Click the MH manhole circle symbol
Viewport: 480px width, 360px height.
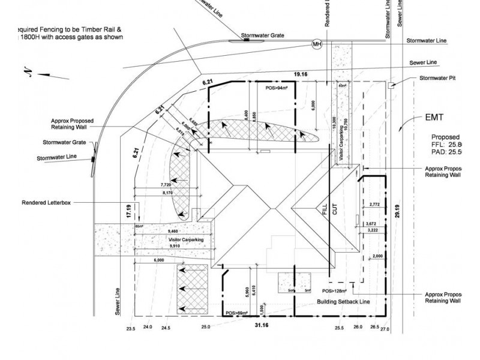pyautogui.click(x=317, y=44)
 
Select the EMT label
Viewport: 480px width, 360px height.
pyautogui.click(x=434, y=118)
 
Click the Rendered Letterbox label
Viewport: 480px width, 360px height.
pyautogui.click(x=46, y=203)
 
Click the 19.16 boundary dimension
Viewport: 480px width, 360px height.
pyautogui.click(x=301, y=74)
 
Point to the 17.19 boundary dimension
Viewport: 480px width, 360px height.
pyautogui.click(x=128, y=211)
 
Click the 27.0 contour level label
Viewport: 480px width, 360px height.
pyautogui.click(x=385, y=329)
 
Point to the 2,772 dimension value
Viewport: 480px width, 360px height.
pyautogui.click(x=375, y=205)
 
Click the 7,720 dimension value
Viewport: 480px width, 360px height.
pyautogui.click(x=166, y=185)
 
